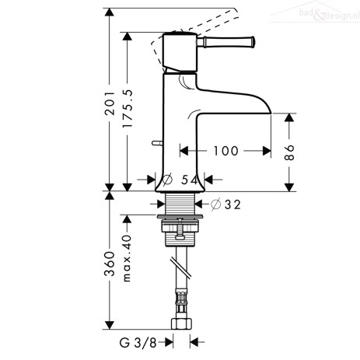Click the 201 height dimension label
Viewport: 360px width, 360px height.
click(110, 103)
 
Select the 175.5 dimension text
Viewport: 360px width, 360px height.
click(128, 108)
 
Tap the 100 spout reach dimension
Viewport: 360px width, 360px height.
click(225, 151)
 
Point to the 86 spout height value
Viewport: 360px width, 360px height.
click(289, 152)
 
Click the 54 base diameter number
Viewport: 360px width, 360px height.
click(189, 180)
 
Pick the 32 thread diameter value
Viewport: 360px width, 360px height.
click(232, 204)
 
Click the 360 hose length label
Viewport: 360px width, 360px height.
click(110, 264)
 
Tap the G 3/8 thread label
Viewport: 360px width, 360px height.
click(138, 343)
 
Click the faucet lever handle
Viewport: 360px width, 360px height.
click(226, 42)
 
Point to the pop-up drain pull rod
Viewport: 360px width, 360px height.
click(157, 143)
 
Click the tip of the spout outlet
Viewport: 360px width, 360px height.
click(271, 114)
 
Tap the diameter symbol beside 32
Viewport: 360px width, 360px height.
click(215, 204)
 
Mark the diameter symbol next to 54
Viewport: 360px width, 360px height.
click(167, 180)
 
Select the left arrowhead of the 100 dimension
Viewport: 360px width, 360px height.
click(183, 151)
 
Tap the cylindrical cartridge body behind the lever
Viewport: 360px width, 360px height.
click(180, 52)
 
